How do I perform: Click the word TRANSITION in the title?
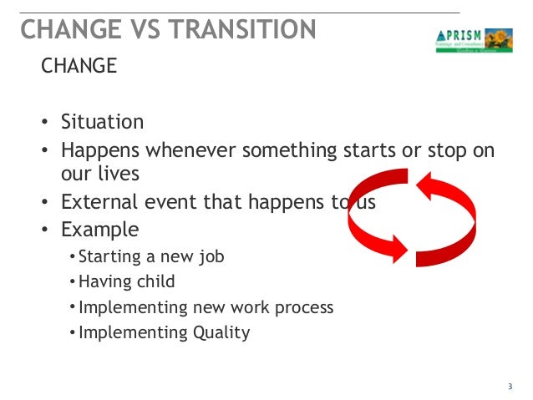point(242,29)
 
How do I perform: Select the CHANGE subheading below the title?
point(79,66)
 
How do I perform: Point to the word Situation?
point(102,122)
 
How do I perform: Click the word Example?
point(99,229)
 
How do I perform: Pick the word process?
point(302,307)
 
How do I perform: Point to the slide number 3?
point(510,386)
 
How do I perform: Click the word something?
point(297,150)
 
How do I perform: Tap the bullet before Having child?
point(72,282)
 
